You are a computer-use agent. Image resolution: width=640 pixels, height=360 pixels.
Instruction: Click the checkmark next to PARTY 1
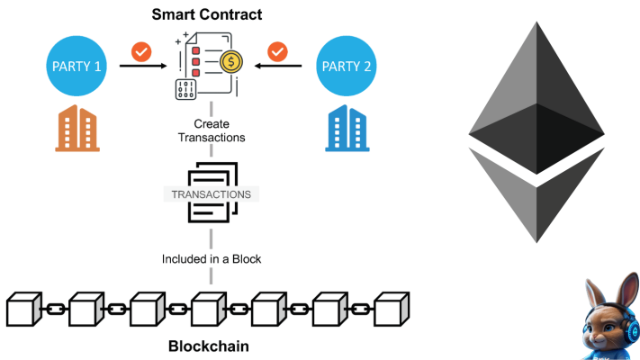coord(140,51)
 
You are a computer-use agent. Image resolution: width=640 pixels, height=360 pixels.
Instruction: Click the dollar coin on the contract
coord(233,62)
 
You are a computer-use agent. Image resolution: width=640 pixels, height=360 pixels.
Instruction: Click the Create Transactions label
coord(213,130)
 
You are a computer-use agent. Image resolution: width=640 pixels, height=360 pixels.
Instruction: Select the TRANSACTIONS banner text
coord(212,193)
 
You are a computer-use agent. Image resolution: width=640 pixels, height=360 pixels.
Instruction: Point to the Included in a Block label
coord(212,259)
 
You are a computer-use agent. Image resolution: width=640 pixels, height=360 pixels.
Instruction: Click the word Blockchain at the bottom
coord(209,346)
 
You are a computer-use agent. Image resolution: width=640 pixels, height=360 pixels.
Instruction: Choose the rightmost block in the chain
coord(392,308)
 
